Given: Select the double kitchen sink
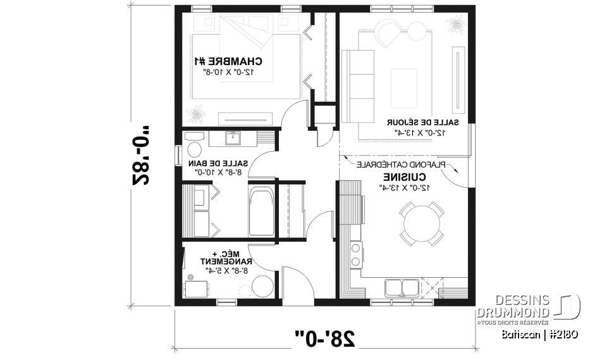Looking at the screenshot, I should [400, 288].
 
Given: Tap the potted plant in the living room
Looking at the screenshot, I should [455, 25].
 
